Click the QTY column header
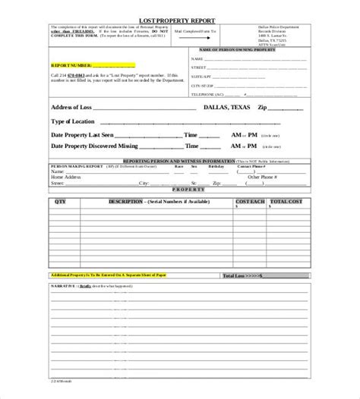click(61, 203)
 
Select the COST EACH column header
click(250, 203)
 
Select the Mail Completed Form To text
click(195, 33)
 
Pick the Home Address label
click(68, 177)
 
